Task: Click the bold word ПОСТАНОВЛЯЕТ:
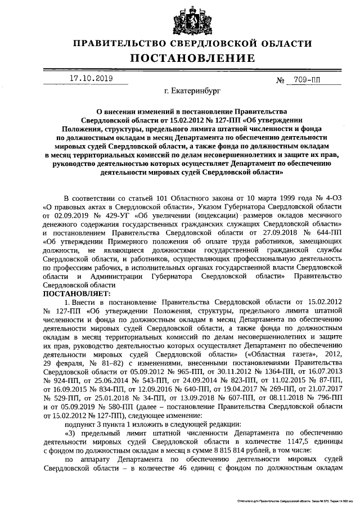[77, 294]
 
